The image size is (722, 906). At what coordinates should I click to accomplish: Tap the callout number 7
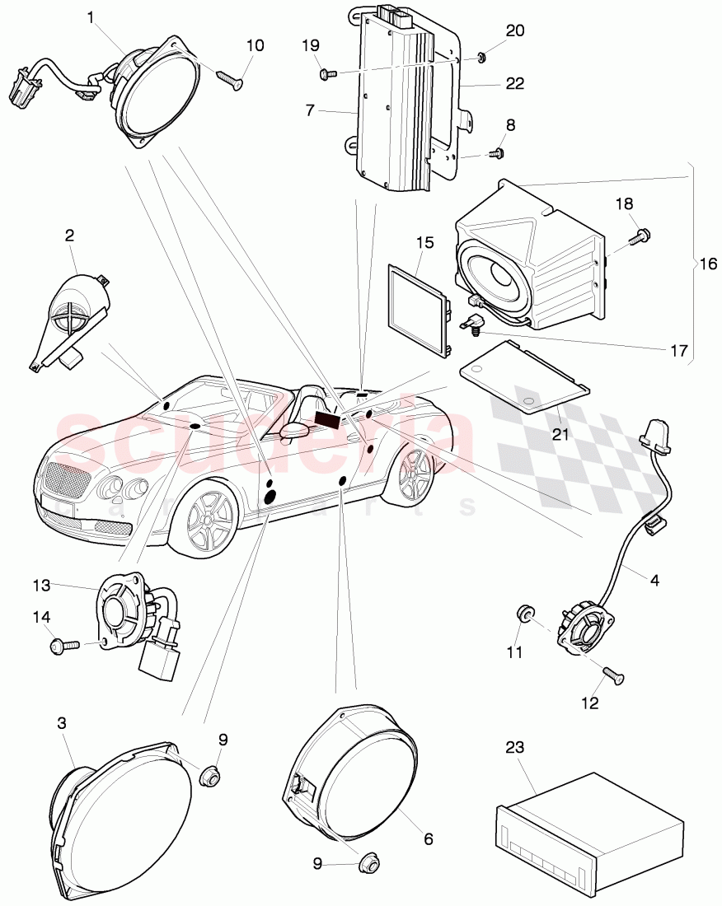[310, 110]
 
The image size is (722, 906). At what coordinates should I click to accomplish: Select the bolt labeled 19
[327, 74]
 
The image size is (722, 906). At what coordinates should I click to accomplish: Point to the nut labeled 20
[480, 57]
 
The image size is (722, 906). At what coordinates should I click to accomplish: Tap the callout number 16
[708, 264]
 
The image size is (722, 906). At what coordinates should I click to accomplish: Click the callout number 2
[70, 235]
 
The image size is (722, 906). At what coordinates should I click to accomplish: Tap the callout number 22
[515, 83]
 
